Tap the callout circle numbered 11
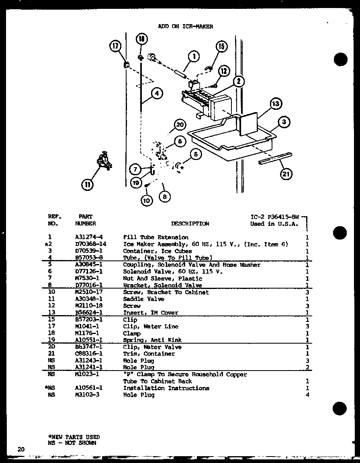[x=88, y=185]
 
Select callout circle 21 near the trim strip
[x=286, y=174]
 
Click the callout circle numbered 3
[x=284, y=122]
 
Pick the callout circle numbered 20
[x=180, y=125]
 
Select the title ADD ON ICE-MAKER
[x=186, y=27]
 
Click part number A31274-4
[x=89, y=237]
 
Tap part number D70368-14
[x=90, y=244]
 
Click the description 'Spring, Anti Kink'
[x=152, y=340]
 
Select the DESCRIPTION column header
[x=190, y=223]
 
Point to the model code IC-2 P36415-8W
[x=275, y=217]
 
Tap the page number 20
[x=21, y=449]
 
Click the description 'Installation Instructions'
[x=166, y=388]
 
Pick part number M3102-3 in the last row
[x=86, y=395]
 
